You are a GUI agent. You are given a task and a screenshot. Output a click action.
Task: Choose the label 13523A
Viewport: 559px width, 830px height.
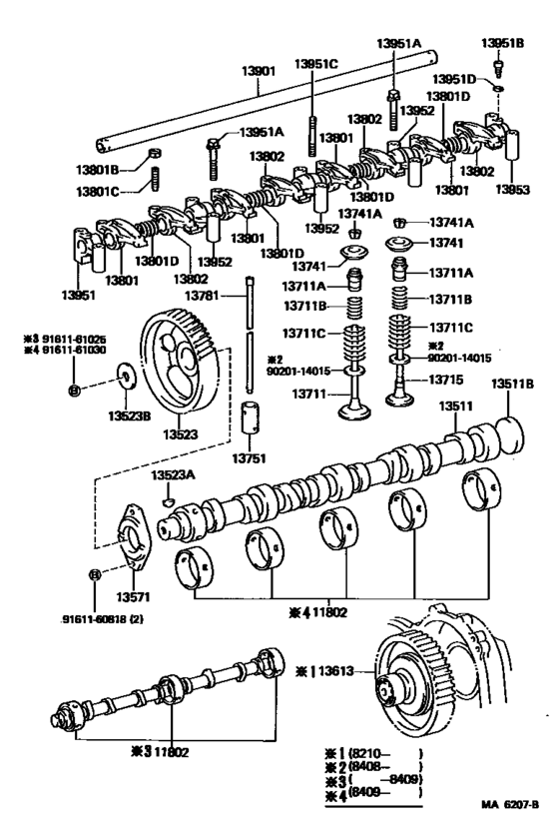click(x=173, y=476)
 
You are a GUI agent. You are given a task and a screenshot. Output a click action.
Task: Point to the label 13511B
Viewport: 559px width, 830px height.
click(x=512, y=384)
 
